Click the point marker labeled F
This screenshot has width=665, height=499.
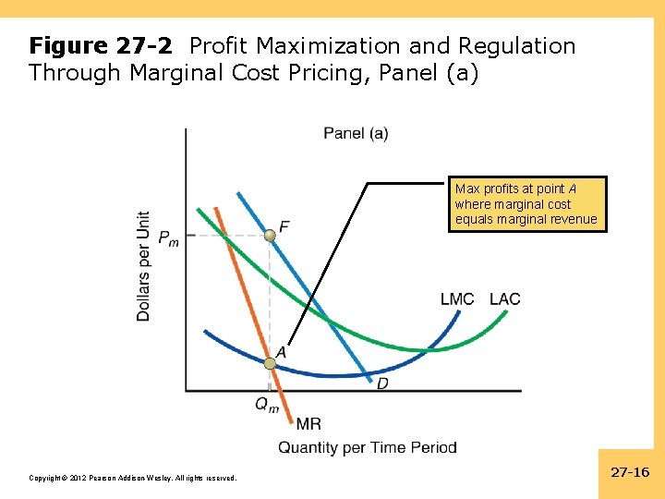click(x=269, y=237)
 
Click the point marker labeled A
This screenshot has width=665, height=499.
click(x=270, y=364)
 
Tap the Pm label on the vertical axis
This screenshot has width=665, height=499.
click(x=168, y=238)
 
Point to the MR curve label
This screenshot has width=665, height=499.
click(x=308, y=424)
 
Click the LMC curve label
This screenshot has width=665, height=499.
click(x=457, y=298)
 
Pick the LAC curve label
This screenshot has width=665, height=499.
click(x=504, y=298)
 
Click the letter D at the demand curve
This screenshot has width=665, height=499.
click(x=382, y=383)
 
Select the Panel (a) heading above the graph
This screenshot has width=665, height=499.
click(x=356, y=134)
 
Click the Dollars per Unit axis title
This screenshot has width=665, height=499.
click(x=144, y=266)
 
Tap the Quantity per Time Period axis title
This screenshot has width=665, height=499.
click(x=368, y=448)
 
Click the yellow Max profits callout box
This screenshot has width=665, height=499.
click(x=527, y=204)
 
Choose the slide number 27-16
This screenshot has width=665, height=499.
click(x=631, y=472)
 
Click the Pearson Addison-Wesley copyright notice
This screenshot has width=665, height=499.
click(x=133, y=478)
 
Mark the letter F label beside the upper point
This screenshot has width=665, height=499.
click(x=284, y=225)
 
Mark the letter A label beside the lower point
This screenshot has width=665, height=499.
click(x=281, y=352)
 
